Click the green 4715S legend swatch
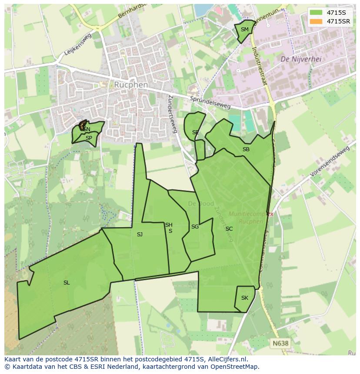[x=316, y=13]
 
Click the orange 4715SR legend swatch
[x=316, y=21]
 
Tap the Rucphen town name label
[x=131, y=85]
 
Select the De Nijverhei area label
[x=301, y=59]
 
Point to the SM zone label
[x=245, y=30]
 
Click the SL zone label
[x=67, y=283]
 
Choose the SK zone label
[x=245, y=298]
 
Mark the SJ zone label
[x=140, y=235]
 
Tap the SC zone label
[x=229, y=229]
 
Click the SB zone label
[x=246, y=149]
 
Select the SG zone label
[x=195, y=227]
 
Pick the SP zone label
[x=89, y=138]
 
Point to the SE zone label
[x=195, y=132]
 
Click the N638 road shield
[x=280, y=343]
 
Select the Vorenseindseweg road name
[x=330, y=162]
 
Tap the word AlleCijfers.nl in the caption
[x=226, y=359]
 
